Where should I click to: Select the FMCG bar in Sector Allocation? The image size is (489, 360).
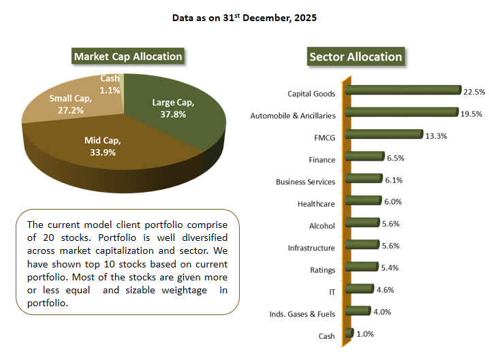tap(385, 134)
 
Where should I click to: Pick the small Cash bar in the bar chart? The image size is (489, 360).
tap(350, 333)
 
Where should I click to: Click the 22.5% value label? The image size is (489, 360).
tap(474, 92)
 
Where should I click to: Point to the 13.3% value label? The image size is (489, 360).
tap(437, 135)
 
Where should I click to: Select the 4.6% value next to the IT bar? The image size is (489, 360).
tap(385, 290)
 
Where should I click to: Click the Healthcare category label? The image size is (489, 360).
tap(316, 203)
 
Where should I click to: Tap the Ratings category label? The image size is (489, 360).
tap(322, 269)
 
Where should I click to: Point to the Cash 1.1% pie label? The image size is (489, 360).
tap(110, 84)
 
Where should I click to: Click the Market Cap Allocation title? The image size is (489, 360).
tap(128, 56)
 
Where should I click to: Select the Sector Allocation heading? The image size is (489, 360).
tap(356, 56)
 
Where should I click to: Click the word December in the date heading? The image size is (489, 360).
tap(265, 18)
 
